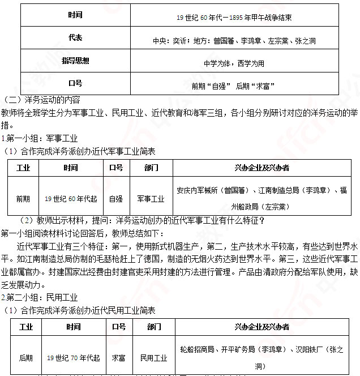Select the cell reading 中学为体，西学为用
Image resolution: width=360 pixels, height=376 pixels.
point(234,63)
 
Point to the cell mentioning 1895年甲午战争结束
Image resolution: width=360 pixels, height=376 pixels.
point(234,18)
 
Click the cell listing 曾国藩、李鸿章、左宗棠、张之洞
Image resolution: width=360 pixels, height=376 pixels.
point(234,41)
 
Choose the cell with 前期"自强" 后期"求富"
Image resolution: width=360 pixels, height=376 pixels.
point(234,86)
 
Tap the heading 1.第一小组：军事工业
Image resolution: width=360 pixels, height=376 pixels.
point(39,138)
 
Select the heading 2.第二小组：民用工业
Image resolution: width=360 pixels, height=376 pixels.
point(39,297)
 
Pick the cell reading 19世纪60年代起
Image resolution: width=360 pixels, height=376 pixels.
point(71,199)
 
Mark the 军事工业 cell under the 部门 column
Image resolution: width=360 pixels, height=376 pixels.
point(151,199)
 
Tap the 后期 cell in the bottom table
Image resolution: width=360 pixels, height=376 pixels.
point(26,357)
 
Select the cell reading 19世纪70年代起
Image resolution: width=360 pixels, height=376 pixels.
point(73,358)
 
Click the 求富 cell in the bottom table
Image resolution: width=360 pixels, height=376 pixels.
point(119,358)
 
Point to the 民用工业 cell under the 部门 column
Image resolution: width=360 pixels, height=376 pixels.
point(154,358)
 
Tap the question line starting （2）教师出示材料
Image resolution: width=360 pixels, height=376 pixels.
point(142,220)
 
